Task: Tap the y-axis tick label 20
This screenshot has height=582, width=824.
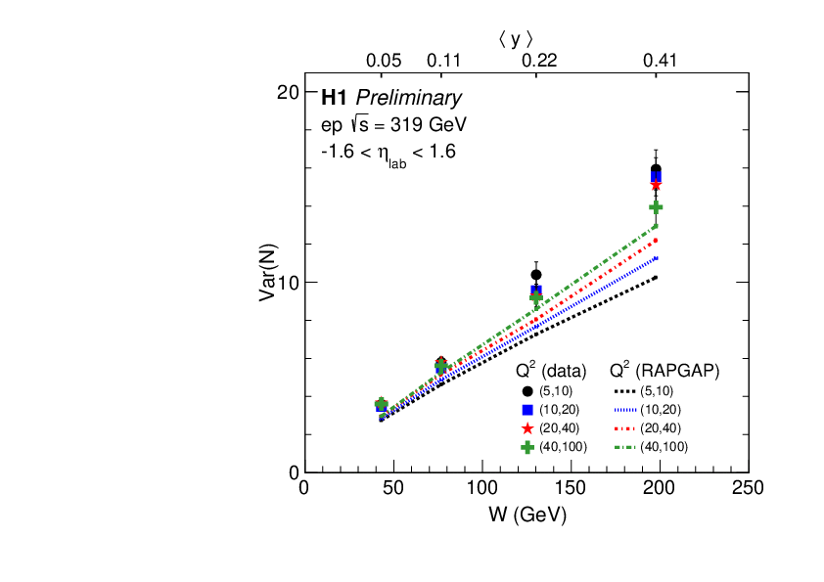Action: pyautogui.click(x=287, y=92)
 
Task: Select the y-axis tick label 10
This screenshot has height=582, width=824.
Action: pyautogui.click(x=287, y=282)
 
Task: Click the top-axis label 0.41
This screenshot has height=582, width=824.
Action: pyautogui.click(x=660, y=61)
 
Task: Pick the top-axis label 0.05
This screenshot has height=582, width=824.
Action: pyautogui.click(x=384, y=61)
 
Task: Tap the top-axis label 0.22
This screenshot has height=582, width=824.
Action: pyautogui.click(x=538, y=61)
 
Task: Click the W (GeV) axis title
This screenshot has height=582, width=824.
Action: pyautogui.click(x=526, y=514)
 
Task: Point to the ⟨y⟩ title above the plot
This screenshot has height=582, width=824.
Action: pyautogui.click(x=516, y=39)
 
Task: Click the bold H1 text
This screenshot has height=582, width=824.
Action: pyautogui.click(x=335, y=98)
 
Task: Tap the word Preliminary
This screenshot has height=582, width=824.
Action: pyautogui.click(x=408, y=98)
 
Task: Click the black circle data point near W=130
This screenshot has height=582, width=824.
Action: pyautogui.click(x=536, y=275)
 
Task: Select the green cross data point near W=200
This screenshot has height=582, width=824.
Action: pyautogui.click(x=656, y=207)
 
